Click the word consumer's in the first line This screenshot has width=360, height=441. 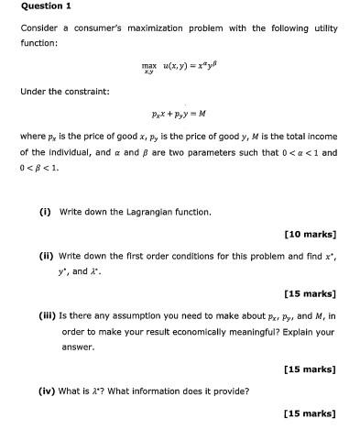[101, 28]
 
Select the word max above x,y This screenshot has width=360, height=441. [148, 65]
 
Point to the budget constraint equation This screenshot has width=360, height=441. [179, 114]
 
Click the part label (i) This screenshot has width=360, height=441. [45, 212]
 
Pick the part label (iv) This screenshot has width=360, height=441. [47, 391]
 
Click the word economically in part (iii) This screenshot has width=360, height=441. [217, 331]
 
